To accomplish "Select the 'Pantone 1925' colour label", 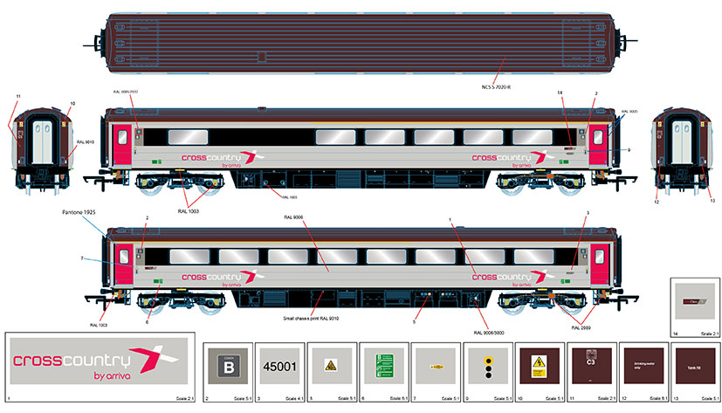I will pos(82,211).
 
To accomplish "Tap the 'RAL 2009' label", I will pos(582,327).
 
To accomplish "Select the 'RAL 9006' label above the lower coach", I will pos(293,217).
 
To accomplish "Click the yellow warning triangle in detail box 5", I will pos(331,365).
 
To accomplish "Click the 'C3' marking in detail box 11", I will pos(590,361).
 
